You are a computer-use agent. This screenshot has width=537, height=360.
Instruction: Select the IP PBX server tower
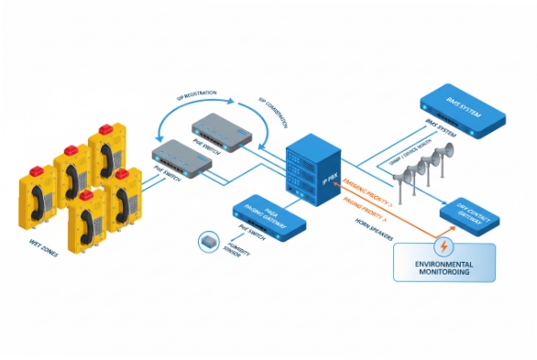[x=308, y=165]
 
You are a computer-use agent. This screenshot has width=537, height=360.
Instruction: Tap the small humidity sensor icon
[x=208, y=240]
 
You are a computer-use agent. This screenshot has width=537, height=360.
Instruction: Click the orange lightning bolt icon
[x=444, y=245]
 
